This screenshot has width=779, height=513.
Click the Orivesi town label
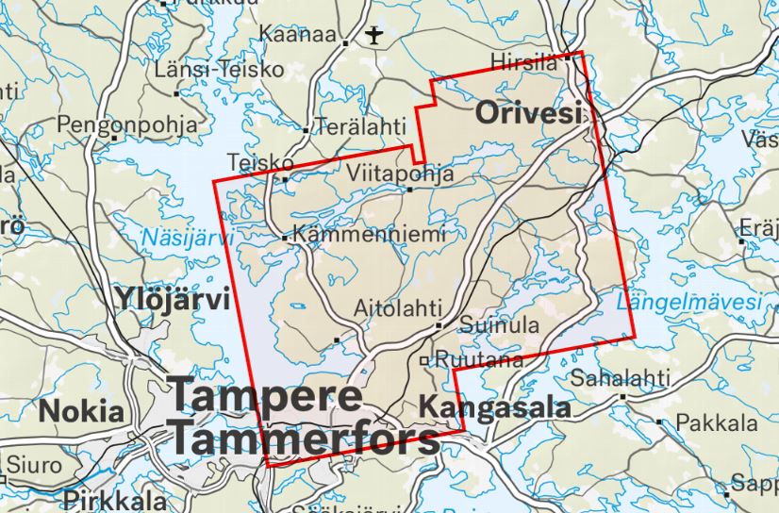click(526, 115)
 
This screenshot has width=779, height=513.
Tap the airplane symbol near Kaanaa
click(374, 37)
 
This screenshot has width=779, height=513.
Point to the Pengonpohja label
click(127, 124)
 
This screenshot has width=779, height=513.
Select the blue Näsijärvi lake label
click(189, 238)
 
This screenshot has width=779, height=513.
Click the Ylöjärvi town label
click(173, 300)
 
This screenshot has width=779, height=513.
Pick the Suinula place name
click(499, 325)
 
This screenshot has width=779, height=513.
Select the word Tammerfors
click(304, 439)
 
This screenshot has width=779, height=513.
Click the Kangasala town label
click(495, 408)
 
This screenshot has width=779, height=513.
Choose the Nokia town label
click(81, 411)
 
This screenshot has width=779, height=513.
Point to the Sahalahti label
click(620, 379)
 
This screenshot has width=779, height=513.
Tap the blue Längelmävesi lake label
click(688, 303)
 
